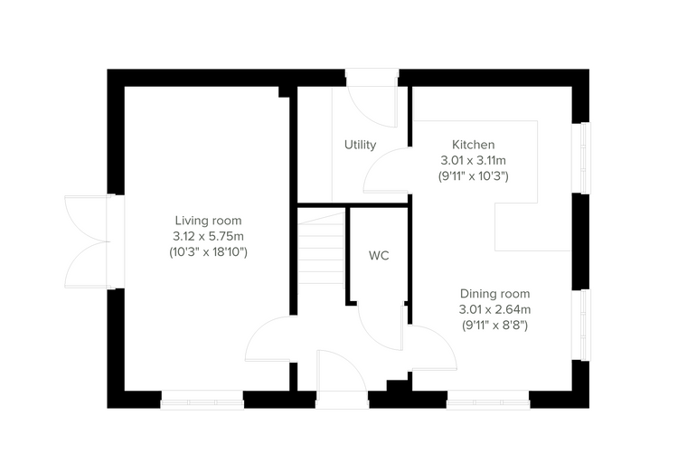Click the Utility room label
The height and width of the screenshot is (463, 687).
360,145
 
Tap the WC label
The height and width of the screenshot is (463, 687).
379,256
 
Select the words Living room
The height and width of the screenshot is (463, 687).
208,221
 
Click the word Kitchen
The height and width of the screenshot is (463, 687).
473,145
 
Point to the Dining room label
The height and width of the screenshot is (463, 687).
494,294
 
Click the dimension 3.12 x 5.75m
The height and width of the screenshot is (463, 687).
208,236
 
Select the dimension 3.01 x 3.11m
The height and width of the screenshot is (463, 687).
473,160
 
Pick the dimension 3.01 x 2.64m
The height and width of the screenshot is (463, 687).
494,309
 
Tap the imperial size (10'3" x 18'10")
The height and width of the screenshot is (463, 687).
208,252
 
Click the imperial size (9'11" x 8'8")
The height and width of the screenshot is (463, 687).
494,326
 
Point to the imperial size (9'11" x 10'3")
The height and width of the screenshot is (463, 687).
473,176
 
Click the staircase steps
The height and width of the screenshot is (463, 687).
321,248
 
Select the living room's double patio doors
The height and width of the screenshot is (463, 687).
88,241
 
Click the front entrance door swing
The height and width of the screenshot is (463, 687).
343,371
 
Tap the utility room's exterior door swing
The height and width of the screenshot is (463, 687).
372,107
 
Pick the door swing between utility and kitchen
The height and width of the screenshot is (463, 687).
387,171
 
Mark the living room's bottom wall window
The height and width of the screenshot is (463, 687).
202,401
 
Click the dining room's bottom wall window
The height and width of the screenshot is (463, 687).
488,401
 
